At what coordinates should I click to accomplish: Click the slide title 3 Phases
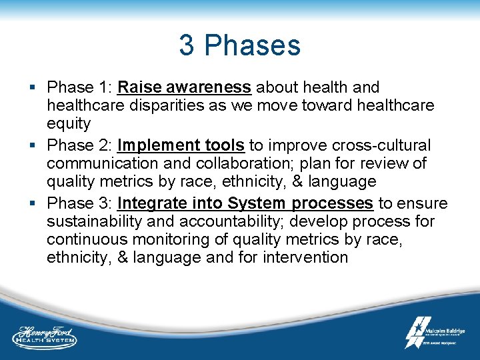click(239, 45)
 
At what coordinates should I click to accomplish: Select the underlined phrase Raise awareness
click(184, 87)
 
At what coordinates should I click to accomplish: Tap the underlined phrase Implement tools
click(181, 145)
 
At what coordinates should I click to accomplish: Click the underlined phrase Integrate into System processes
click(245, 203)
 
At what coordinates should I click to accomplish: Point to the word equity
click(69, 123)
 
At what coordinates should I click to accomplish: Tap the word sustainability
click(93, 221)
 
